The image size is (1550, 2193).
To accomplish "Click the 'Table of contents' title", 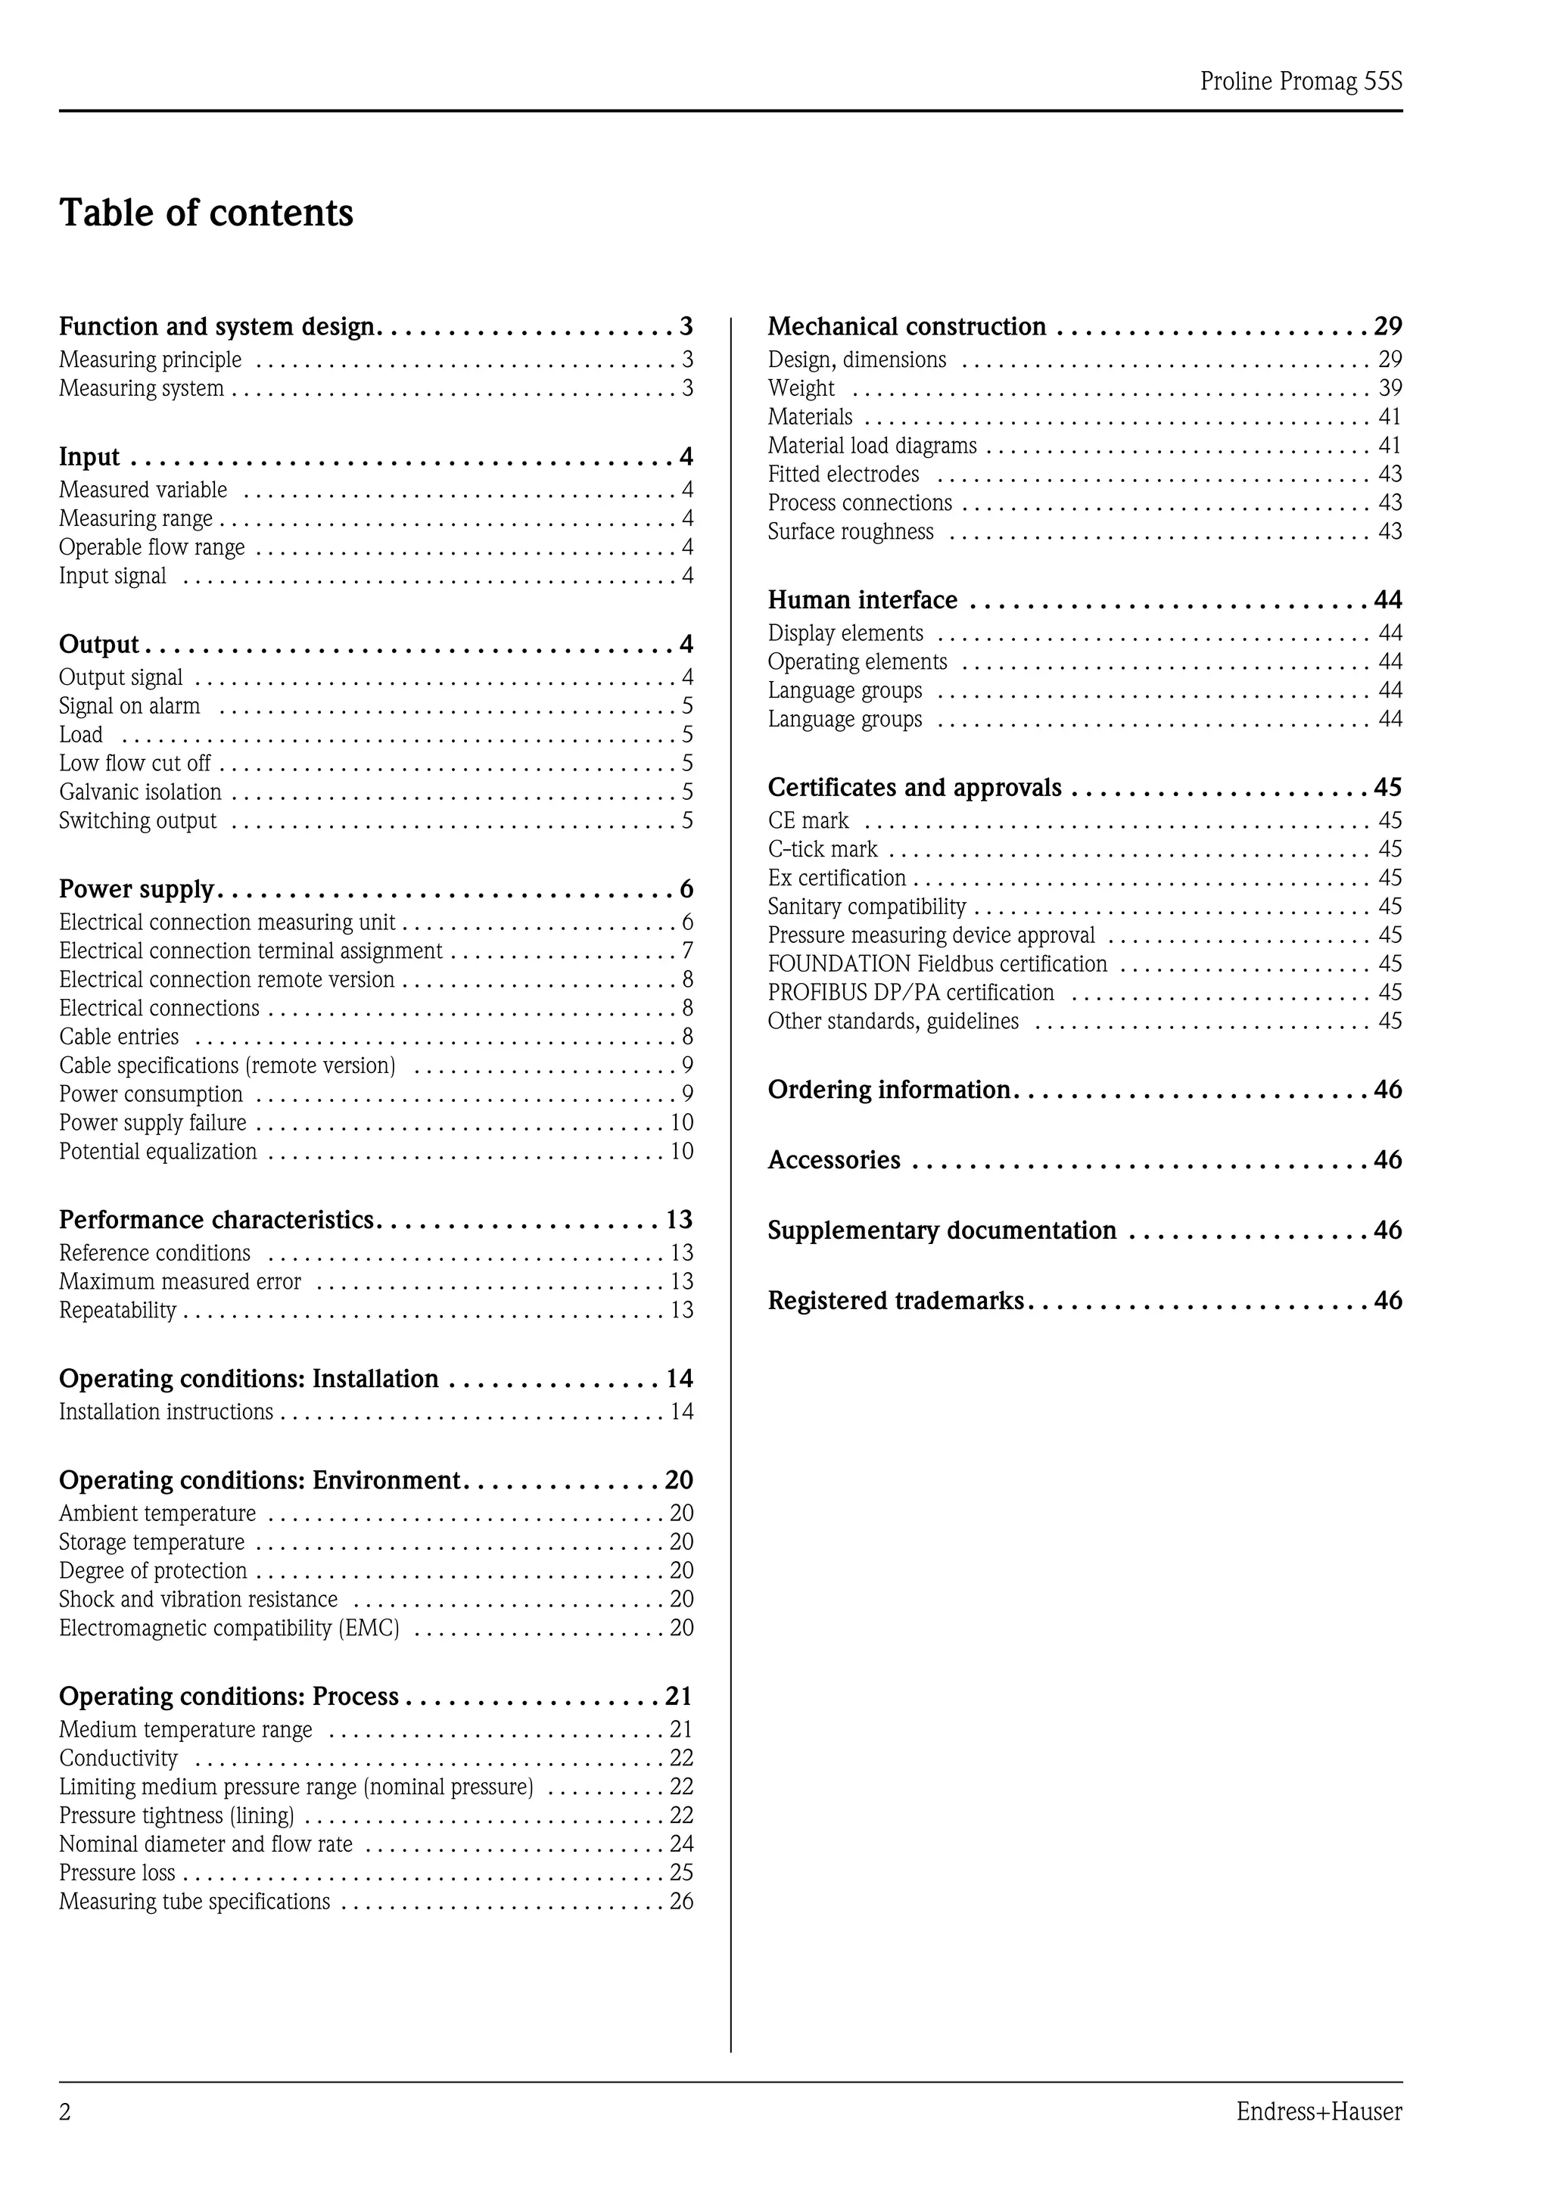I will coord(207,213).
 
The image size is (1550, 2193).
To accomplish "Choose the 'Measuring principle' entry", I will coord(150,360).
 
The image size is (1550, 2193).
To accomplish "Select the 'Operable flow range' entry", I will coord(152,547).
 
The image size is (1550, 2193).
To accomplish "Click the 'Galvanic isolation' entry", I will coord(140,792).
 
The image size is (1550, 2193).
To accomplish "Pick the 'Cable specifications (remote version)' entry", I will coord(227,1065).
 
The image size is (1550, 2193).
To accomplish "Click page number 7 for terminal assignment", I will coord(686,950).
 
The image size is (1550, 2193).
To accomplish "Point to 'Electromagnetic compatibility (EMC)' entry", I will coord(229,1628).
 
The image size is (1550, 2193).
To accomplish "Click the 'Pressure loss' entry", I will coord(117,1872).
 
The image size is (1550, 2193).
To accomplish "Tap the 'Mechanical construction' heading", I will coord(907,327).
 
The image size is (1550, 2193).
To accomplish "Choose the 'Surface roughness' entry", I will coord(850,532).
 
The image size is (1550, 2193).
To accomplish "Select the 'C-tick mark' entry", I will coord(822,849).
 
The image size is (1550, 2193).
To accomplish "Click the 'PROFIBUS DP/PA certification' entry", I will coord(910,992).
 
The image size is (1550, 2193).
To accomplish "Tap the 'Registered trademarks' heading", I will coord(895,1301).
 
